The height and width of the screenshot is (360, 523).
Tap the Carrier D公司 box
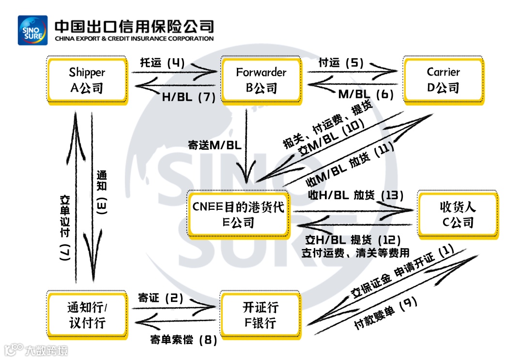tap(443, 79)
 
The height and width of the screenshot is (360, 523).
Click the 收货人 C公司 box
tap(458, 214)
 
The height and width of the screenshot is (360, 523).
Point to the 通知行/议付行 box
tap(87, 315)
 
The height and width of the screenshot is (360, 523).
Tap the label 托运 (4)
tap(163, 63)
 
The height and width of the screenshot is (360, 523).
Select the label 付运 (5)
tap(341, 63)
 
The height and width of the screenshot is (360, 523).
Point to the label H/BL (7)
tap(188, 97)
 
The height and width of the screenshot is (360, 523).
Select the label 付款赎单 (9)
tap(385, 313)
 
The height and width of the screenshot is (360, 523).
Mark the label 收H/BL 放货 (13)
tap(356, 195)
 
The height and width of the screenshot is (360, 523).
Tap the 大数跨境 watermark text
tap(47, 350)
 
